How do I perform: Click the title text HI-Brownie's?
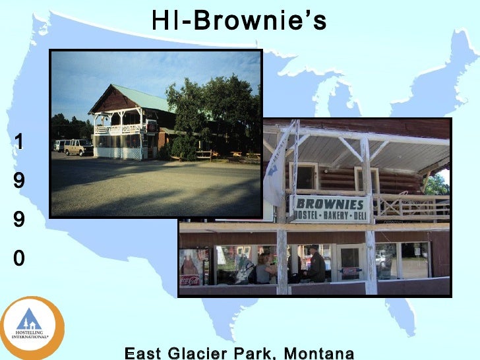coord(239,20)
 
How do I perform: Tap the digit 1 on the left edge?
coord(20,141)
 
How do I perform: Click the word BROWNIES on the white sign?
coord(330,203)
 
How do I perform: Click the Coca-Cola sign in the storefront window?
coord(190,280)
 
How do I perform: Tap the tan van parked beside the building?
coord(78,147)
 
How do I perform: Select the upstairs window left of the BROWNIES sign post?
coord(304,177)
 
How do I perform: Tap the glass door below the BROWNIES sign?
coord(349,263)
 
